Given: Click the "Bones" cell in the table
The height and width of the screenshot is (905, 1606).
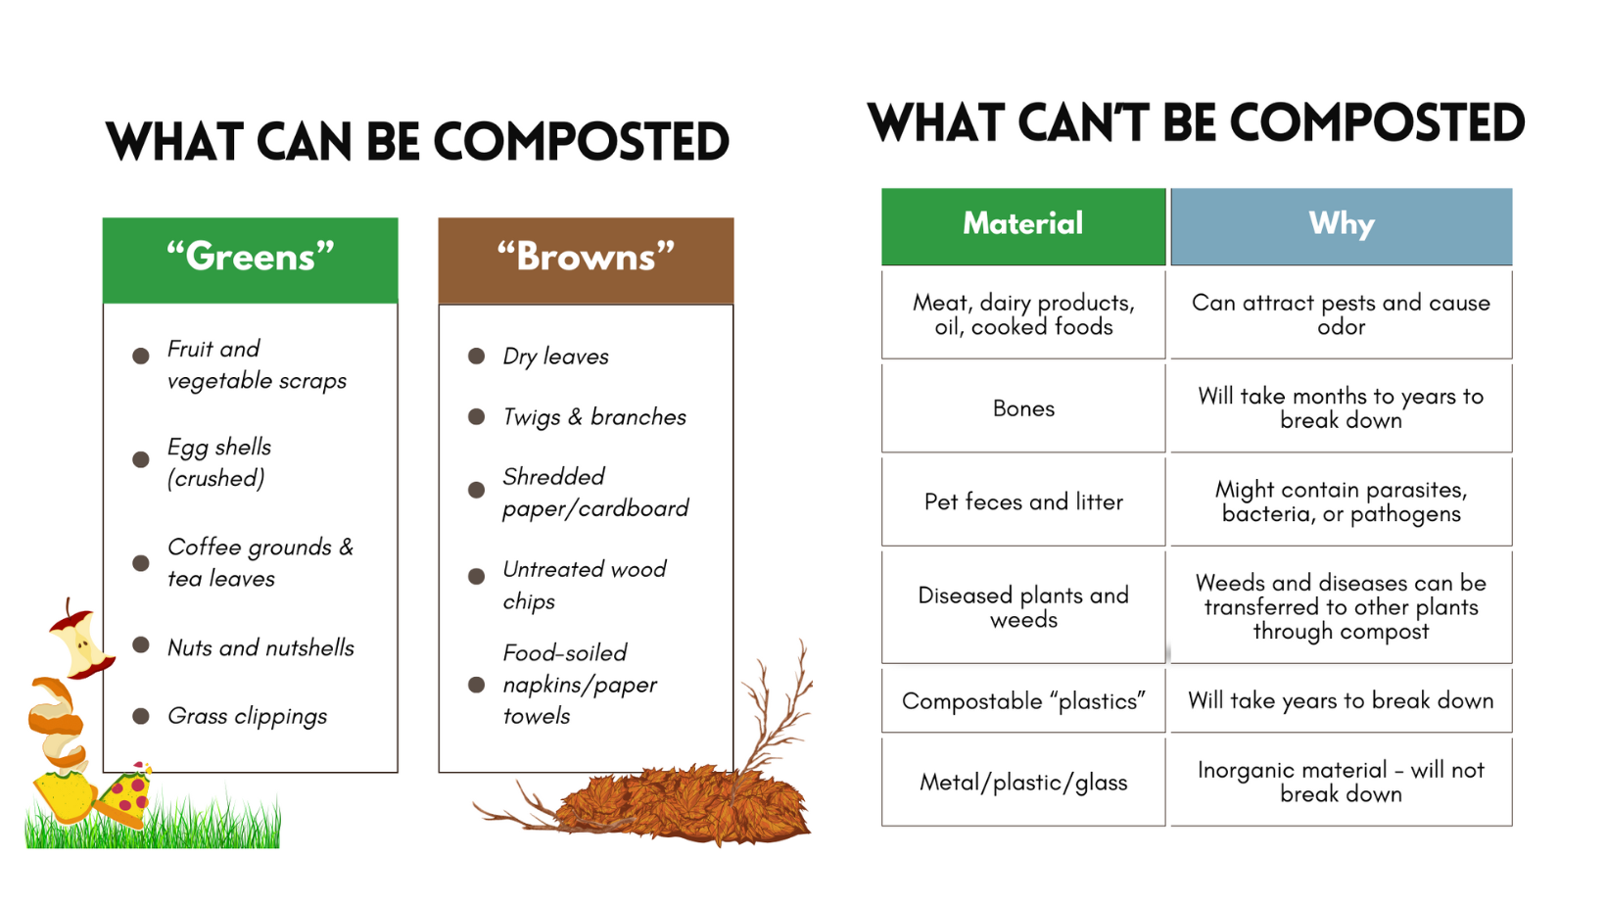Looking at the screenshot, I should coord(1023,408).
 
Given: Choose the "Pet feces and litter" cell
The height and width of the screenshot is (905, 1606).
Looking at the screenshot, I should coord(1023,501).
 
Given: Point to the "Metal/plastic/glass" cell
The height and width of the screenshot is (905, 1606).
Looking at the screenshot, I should coord(1023,782).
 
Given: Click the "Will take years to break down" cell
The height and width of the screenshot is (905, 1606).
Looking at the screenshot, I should coord(1341,700).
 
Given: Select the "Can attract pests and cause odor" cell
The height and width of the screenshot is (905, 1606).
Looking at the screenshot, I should coord(1341,314).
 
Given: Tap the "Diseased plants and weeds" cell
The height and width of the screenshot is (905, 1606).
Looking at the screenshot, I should coord(1023,607).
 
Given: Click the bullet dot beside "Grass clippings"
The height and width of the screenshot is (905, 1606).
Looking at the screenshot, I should coord(141,716).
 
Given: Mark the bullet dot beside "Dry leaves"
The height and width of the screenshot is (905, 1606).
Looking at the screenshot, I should coord(477,356).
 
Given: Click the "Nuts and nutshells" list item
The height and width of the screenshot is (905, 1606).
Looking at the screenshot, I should coord(260,647).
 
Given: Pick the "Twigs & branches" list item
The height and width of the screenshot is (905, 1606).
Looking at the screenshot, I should coord(594,417).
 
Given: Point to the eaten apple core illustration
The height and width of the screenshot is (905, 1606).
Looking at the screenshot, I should coord(80,642).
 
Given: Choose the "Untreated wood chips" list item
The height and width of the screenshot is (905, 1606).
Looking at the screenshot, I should coord(584,585).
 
